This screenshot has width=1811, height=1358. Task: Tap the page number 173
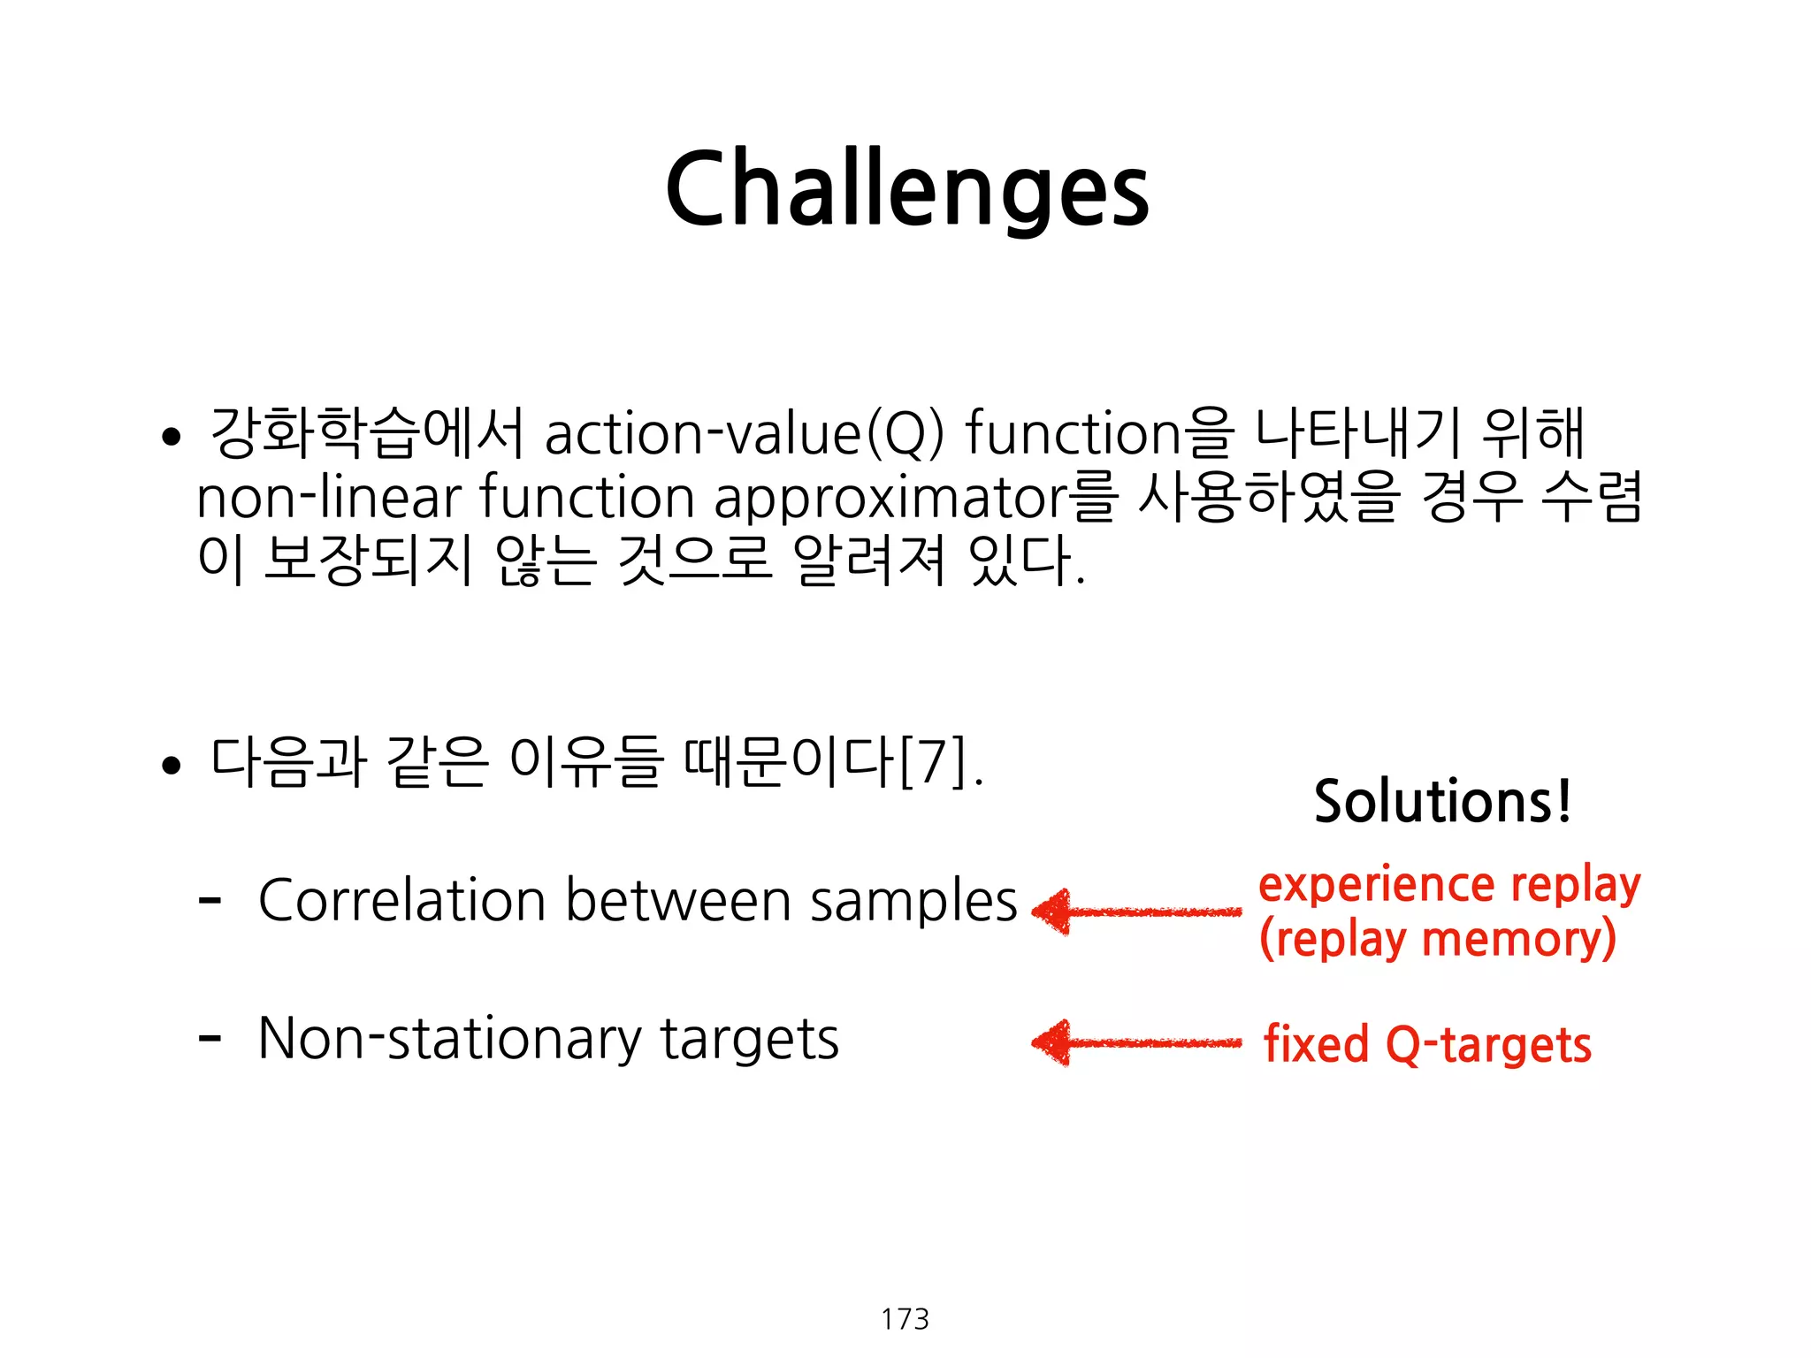(x=905, y=1318)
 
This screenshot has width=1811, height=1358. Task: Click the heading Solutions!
(x=1442, y=801)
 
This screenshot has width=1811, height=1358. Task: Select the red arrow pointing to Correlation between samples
(x=1136, y=912)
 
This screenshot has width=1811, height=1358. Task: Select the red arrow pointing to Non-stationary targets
(x=1136, y=1043)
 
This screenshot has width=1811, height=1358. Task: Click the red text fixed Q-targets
(x=1426, y=1045)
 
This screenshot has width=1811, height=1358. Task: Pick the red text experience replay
(x=1448, y=885)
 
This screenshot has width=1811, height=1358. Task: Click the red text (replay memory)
(x=1437, y=939)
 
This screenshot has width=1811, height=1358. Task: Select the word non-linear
(x=328, y=497)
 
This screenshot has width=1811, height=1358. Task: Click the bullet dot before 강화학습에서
(x=171, y=437)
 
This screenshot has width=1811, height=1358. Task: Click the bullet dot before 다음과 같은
(x=171, y=766)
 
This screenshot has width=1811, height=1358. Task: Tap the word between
(x=678, y=900)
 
